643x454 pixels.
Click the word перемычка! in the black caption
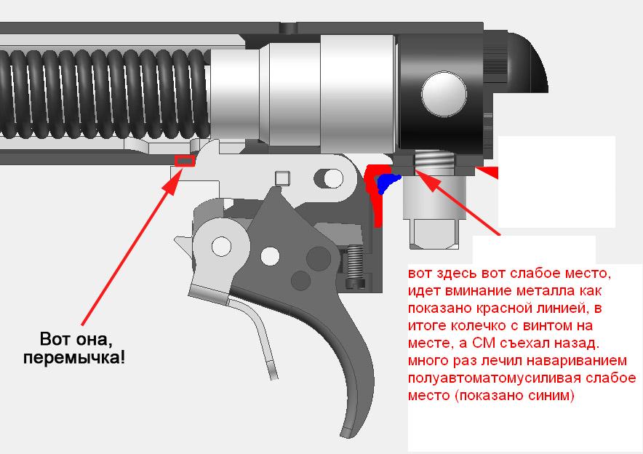pos(74,358)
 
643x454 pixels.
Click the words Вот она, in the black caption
pos(76,339)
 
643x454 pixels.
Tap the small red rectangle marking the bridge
pos(185,162)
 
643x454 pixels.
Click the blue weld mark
pos(387,183)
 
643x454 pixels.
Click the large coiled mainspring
pos(105,95)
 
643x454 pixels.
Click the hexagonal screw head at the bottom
pos(434,234)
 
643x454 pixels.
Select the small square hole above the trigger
pos(282,178)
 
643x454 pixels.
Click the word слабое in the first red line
pos(527,273)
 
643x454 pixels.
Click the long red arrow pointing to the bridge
pos(127,250)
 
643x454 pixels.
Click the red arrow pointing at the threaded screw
pos(458,202)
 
